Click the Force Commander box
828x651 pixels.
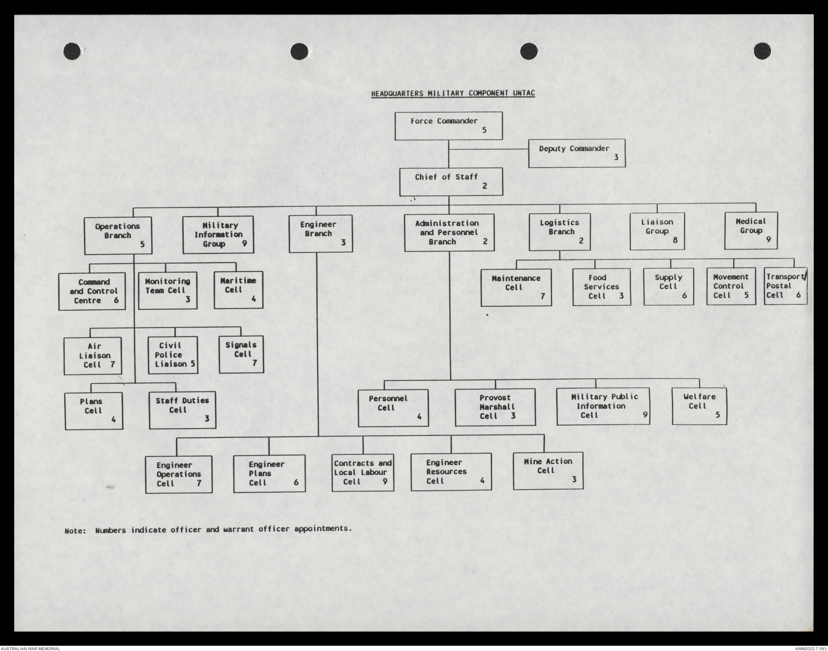click(448, 126)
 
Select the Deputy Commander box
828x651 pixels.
click(577, 153)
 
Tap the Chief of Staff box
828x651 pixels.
click(451, 182)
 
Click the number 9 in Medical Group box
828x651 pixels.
click(768, 239)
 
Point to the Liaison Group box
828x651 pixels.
click(657, 231)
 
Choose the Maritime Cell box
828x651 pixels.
click(238, 290)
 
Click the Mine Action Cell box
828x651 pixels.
click(548, 471)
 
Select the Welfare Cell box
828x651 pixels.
click(699, 406)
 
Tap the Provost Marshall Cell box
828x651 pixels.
click(495, 407)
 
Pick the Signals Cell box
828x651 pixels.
click(241, 354)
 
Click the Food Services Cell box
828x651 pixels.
click(601, 287)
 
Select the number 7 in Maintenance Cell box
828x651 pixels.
click(543, 296)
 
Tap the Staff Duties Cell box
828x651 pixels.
click(182, 410)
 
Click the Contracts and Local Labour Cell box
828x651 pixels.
click(363, 472)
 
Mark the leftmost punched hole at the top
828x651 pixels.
click(72, 51)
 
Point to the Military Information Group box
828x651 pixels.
click(218, 235)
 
